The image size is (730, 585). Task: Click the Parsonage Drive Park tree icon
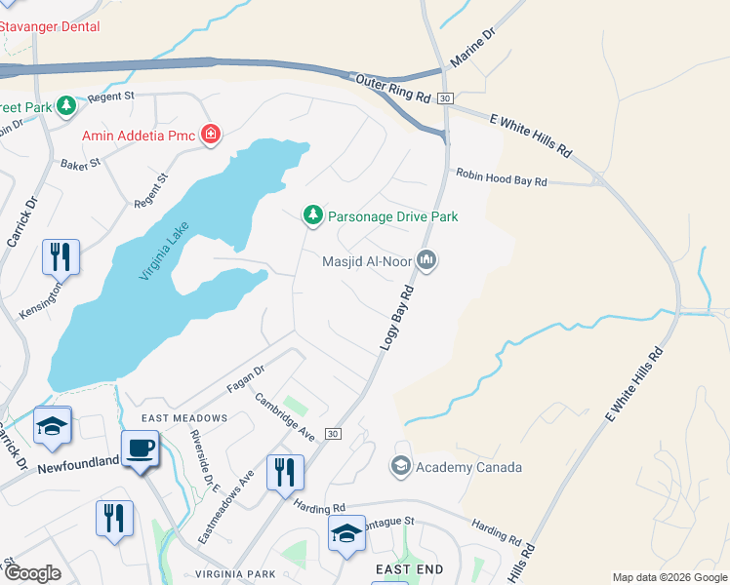312,215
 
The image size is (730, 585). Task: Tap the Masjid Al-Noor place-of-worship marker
426,260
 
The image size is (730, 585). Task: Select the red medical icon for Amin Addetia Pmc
210,135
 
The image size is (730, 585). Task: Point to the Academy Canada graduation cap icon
400,467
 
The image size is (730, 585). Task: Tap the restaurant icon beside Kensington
61,256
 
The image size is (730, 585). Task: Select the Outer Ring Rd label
393,90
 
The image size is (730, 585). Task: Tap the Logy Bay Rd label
394,319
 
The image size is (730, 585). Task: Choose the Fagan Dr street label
246,378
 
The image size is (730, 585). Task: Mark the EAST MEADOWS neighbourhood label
184,418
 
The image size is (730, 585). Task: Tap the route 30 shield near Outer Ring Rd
444,98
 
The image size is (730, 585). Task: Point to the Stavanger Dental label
49,26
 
